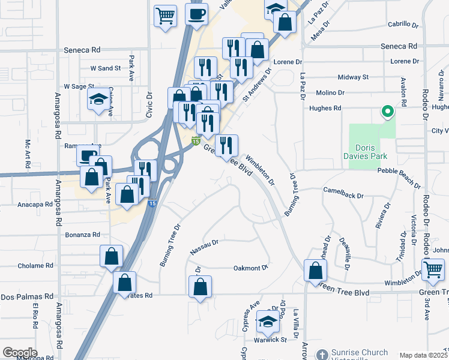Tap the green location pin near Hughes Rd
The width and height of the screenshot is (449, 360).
pos(388,112)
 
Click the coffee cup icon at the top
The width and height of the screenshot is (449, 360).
pos(196,14)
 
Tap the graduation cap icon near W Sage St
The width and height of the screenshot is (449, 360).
pos(98,101)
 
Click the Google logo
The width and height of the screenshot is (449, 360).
pos(20,353)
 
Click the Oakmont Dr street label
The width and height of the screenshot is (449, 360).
pos(250,268)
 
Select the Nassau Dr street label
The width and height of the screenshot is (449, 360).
pos(203,247)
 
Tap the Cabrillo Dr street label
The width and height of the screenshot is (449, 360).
pos(403,25)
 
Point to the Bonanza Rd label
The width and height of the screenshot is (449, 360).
pos(81,234)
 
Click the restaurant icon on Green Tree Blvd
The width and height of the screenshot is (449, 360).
pos(226,146)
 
